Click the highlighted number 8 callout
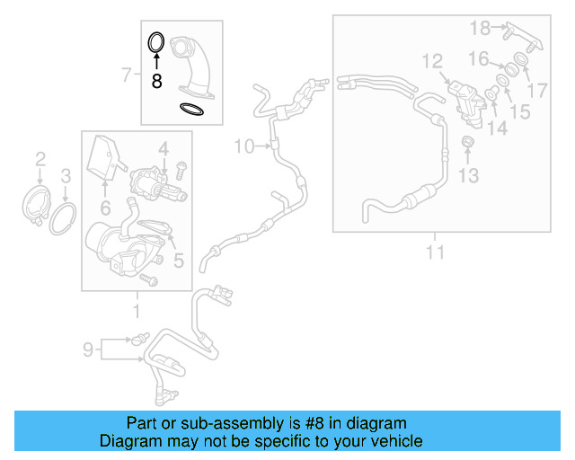point(156,80)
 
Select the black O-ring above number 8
point(155,42)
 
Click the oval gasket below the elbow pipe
point(191,110)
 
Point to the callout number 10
point(244,145)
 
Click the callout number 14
point(497,128)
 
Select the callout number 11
point(435,252)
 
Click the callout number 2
point(40,160)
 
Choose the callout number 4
point(164,147)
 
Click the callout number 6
point(105,208)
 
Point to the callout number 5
point(178,261)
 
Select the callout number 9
point(88,349)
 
